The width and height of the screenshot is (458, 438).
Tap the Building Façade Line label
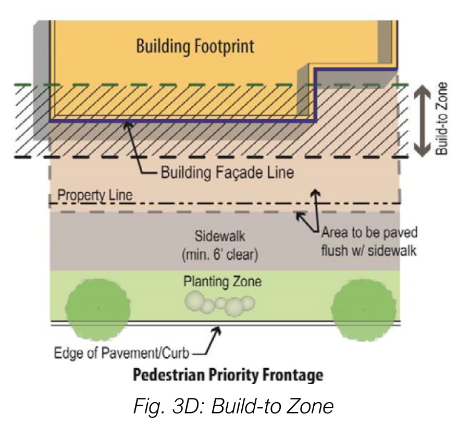227,172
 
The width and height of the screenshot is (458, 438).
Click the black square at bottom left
17,417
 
